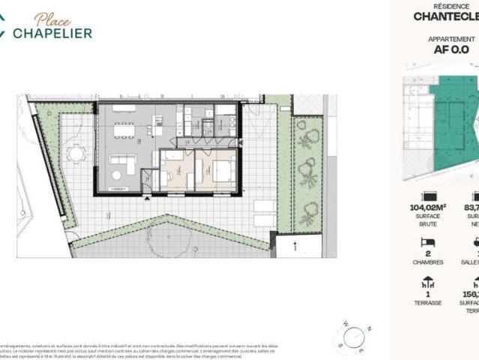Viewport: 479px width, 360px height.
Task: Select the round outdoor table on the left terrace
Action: [x=76, y=154]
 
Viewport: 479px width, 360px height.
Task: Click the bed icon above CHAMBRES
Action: [x=428, y=242]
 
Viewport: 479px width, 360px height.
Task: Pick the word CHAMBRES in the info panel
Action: [x=428, y=262]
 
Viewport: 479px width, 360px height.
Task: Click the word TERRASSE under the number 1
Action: [x=428, y=303]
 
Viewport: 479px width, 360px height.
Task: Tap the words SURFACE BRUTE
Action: [x=428, y=219]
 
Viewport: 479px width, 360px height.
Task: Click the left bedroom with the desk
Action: [x=176, y=169]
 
